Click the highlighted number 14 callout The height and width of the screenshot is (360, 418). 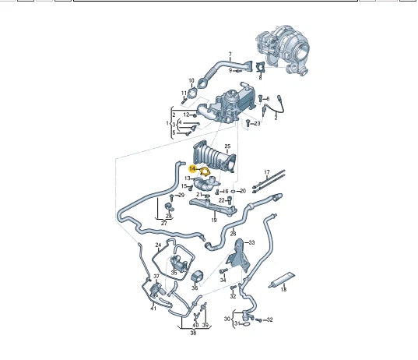pyautogui.click(x=192, y=168)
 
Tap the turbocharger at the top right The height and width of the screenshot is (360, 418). pyautogui.click(x=283, y=49)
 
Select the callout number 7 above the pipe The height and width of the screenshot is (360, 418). pyautogui.click(x=230, y=55)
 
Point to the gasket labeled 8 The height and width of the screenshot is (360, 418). pyautogui.click(x=260, y=67)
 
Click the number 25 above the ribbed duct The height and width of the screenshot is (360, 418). pyautogui.click(x=227, y=146)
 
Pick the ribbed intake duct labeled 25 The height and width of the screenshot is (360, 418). pyautogui.click(x=214, y=157)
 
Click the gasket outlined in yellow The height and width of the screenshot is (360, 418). pyautogui.click(x=205, y=171)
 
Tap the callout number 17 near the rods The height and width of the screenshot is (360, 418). pyautogui.click(x=267, y=172)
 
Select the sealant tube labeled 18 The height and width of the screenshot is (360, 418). pyautogui.click(x=282, y=280)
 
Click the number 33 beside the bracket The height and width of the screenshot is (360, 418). pyautogui.click(x=251, y=242)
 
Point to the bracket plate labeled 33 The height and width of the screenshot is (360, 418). pyautogui.click(x=238, y=256)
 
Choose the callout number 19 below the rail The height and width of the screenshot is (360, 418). pyautogui.click(x=214, y=220)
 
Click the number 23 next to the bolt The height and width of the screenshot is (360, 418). pyautogui.click(x=257, y=123)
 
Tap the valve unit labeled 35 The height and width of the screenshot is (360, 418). pyautogui.click(x=178, y=263)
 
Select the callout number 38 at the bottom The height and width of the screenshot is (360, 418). pyautogui.click(x=193, y=333)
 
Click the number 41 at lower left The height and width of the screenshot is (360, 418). pyautogui.click(x=153, y=309)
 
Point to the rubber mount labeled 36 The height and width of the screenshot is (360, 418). pyautogui.click(x=197, y=277)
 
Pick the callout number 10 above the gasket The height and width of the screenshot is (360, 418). pyautogui.click(x=191, y=80)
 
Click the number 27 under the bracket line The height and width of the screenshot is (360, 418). pyautogui.click(x=163, y=223)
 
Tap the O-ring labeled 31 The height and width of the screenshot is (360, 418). pyautogui.click(x=246, y=324)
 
